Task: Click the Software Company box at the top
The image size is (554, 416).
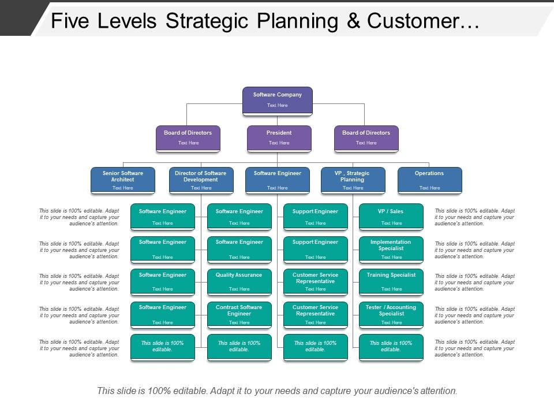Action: [277, 100]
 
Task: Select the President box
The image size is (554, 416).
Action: [279, 138]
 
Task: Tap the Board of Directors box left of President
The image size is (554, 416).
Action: [188, 138]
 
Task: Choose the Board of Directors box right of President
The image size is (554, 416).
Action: [366, 138]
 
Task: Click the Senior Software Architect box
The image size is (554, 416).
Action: [123, 180]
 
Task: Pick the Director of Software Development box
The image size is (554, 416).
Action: [201, 180]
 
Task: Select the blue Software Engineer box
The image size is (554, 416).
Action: [278, 180]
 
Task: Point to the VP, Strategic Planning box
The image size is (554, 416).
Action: [353, 180]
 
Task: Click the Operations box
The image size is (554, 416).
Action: [429, 180]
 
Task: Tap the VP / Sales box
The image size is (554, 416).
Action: [391, 217]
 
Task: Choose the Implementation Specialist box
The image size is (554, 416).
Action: [391, 248]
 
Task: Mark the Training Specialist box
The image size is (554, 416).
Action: [391, 281]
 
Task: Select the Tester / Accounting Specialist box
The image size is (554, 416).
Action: [391, 314]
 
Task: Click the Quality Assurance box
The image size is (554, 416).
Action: [239, 281]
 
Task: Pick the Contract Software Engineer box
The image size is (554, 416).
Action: [239, 314]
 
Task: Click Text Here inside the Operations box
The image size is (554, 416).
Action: [429, 188]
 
